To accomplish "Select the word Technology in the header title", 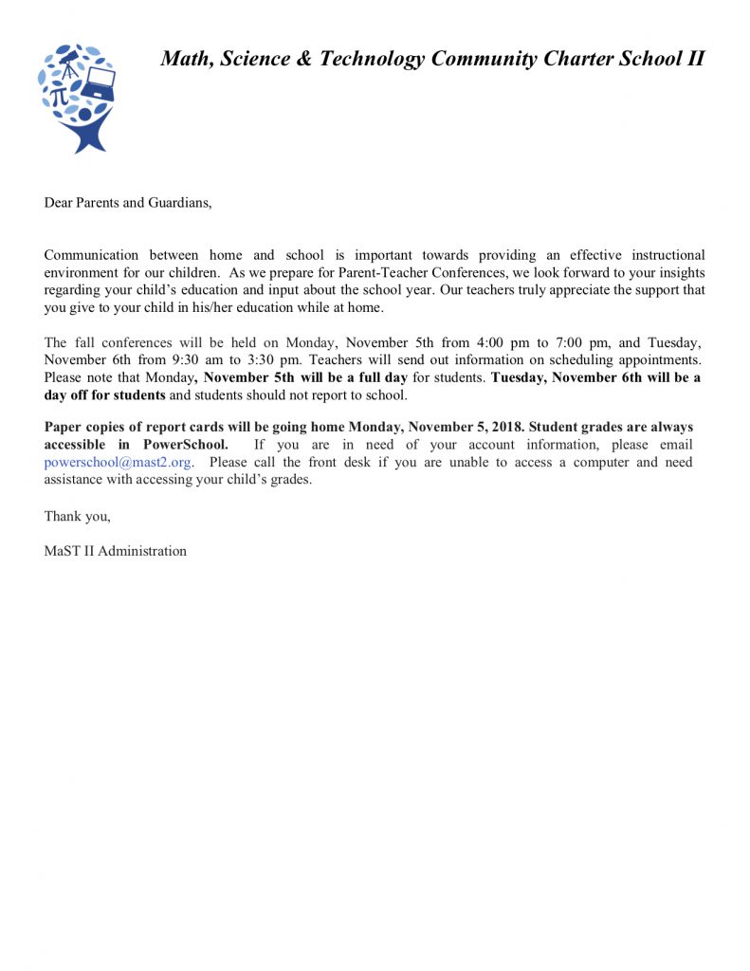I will pos(373,59).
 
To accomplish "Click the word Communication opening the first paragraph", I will pos(91,255).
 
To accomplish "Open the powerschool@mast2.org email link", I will pos(119,463).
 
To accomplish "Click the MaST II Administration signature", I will pos(115,551).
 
